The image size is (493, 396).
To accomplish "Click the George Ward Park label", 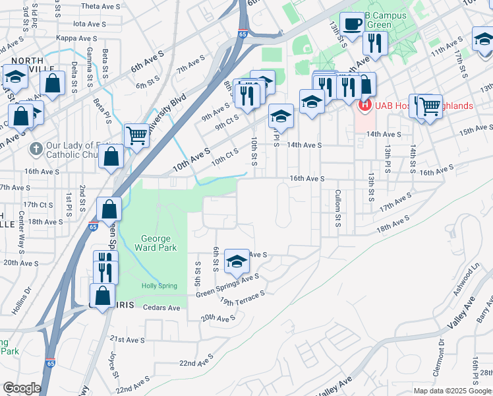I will coord(156,244).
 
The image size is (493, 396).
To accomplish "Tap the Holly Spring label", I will coord(159,286).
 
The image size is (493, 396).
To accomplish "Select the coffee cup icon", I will coord(352,24).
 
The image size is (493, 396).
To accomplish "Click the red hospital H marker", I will coord(363,105).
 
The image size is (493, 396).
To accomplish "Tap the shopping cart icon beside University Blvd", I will coord(136,135).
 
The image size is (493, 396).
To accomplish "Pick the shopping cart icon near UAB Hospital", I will coord(429,106).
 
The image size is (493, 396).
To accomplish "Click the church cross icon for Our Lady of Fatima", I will coord(37,148).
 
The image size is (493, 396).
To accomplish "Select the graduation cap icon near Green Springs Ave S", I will coord(237,261).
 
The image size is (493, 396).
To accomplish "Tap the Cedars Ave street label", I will coord(161,308).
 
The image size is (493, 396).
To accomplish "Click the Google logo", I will coord(22,387).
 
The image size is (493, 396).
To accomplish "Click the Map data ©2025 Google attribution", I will coord(451,391).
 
